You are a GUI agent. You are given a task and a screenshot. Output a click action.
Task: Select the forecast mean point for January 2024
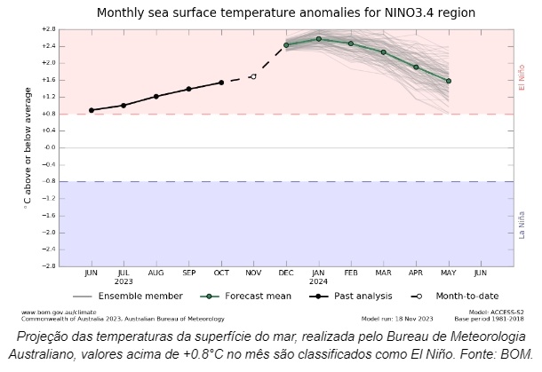point(318,38)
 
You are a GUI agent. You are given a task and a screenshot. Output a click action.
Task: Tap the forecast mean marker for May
point(449,81)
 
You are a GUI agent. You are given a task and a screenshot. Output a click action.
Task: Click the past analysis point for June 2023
point(92,110)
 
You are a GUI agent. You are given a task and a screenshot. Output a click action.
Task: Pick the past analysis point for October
point(221,83)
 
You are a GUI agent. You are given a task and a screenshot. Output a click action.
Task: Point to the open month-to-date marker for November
point(253,76)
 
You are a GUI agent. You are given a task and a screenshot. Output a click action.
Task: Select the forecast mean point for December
point(286,45)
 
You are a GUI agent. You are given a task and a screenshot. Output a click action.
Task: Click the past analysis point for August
point(156,96)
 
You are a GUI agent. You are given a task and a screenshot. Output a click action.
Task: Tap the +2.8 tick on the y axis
point(49,29)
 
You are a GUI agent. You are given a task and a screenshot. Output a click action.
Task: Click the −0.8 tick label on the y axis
point(49,181)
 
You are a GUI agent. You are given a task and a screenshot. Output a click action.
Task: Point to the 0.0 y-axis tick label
point(51,147)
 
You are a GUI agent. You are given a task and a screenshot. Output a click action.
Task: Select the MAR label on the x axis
point(383,273)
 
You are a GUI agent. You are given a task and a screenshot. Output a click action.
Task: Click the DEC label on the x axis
point(286,273)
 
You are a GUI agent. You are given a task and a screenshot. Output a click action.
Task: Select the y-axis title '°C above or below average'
point(27,146)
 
